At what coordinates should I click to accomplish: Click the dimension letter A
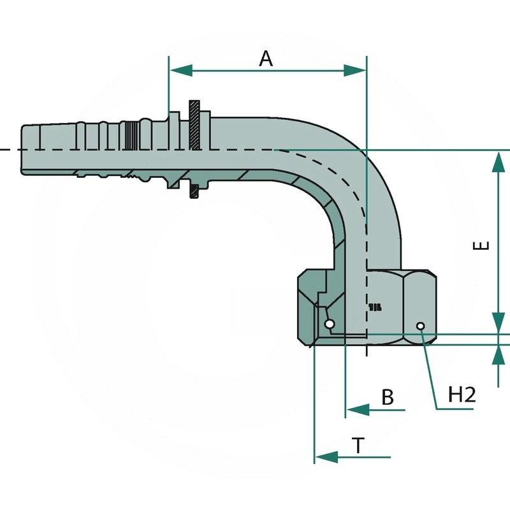click(266, 59)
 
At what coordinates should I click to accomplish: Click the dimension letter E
click(483, 245)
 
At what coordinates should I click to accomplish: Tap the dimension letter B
click(388, 397)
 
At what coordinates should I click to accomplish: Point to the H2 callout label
click(462, 395)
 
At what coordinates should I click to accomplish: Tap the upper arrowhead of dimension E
click(497, 163)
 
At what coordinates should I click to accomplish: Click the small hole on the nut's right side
click(421, 326)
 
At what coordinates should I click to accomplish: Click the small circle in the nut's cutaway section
click(329, 324)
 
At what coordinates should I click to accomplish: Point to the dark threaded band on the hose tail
click(131, 135)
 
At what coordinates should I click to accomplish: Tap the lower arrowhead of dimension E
click(497, 321)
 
